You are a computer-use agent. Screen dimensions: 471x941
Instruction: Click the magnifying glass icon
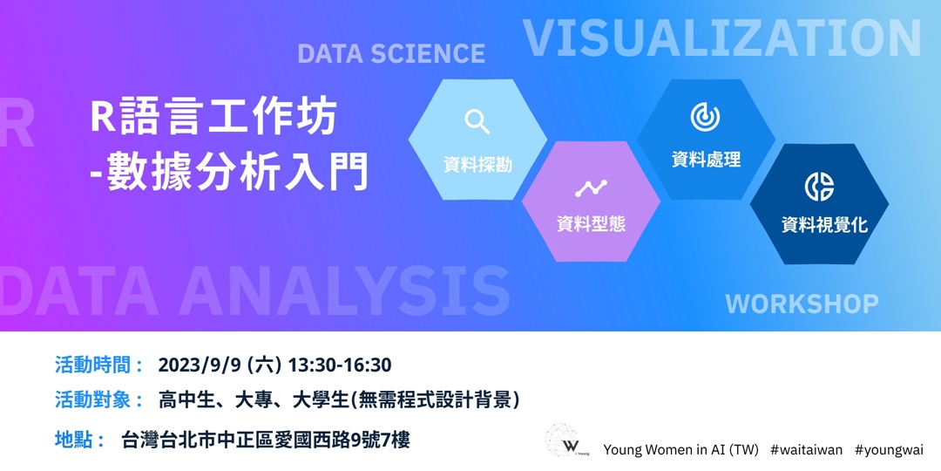[x=477, y=121]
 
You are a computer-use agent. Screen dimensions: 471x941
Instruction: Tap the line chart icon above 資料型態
[x=591, y=188]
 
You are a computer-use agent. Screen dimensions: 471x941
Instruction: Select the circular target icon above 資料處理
[x=705, y=116]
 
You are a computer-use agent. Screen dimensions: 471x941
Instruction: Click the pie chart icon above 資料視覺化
[x=819, y=187]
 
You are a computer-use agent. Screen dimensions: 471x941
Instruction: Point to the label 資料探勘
[x=477, y=164]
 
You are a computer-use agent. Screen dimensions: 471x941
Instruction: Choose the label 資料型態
[x=591, y=224]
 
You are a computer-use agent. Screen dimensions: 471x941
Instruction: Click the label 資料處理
[x=706, y=160]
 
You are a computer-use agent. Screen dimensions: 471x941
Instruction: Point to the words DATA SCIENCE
[x=391, y=54]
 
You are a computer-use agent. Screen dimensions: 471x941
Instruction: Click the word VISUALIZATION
[x=721, y=38]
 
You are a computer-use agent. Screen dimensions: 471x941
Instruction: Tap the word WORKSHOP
[x=802, y=304]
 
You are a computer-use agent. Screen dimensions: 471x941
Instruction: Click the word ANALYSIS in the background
[x=344, y=290]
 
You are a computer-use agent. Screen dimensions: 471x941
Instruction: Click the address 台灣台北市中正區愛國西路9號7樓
[x=266, y=440]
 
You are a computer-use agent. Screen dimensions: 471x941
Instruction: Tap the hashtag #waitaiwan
[x=806, y=450]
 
